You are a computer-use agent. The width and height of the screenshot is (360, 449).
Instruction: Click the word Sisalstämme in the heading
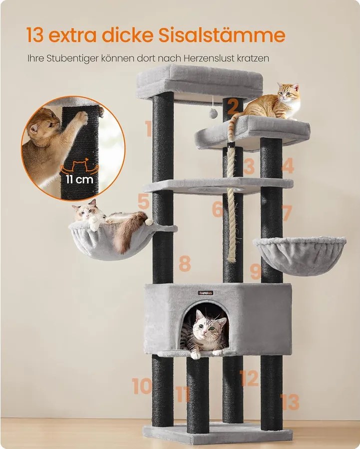pos(222,35)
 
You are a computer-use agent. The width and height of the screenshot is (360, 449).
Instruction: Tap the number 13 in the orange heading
pos(35,35)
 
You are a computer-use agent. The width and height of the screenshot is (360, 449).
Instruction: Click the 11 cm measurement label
pos(79,180)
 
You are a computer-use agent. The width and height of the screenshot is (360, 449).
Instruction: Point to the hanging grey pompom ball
pos(213,113)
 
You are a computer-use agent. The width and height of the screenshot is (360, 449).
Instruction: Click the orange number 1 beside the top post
pos(148,128)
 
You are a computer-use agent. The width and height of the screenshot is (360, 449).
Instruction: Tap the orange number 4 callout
pos(288,166)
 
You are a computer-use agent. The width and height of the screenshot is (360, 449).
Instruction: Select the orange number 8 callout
pos(185,263)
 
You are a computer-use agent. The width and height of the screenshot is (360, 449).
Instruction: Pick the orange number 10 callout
pos(142,386)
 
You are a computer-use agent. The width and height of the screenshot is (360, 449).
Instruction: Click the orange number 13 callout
pos(290,402)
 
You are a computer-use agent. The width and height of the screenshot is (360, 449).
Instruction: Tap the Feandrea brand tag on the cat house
pos(206,293)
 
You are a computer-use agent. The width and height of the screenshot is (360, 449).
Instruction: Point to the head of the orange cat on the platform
pos(288,92)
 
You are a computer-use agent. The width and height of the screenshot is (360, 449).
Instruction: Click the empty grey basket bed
pos(300,255)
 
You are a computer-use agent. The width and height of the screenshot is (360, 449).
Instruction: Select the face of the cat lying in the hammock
pos(85,212)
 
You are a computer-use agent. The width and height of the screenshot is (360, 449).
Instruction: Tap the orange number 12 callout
pos(249,378)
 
